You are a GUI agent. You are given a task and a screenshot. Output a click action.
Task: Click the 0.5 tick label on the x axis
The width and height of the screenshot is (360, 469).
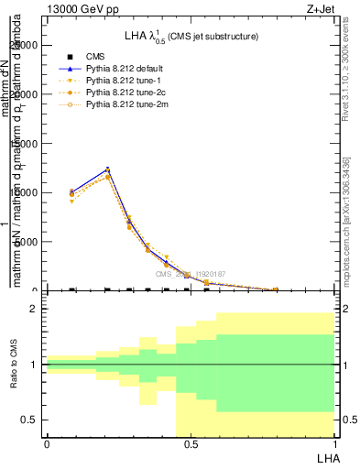point(190,444)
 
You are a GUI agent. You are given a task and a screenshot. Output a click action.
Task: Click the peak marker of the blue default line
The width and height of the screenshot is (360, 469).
point(108,169)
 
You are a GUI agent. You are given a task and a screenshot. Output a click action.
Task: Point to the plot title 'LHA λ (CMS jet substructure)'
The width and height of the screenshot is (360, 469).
point(191,37)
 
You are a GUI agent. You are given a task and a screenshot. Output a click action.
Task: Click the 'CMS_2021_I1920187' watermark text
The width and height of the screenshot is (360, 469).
point(190,274)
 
